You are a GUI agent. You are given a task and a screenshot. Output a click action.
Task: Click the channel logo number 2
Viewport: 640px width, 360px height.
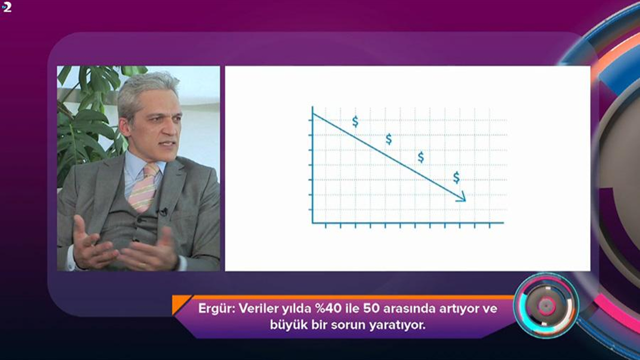point(6,7)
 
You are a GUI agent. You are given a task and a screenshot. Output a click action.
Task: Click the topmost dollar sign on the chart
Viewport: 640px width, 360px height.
point(355,121)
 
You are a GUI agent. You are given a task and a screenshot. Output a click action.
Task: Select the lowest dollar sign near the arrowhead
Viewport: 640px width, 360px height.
point(456,177)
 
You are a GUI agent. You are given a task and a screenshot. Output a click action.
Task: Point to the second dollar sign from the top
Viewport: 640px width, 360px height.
point(389,139)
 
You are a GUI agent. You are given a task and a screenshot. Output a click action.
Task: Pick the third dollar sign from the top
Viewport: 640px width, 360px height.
point(421,157)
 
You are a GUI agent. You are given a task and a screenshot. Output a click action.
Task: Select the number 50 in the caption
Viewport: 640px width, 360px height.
point(371,308)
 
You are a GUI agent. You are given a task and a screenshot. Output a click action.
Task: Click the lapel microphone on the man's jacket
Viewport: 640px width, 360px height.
point(162,212)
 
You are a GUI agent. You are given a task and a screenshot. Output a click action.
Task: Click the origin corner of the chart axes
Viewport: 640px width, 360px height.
point(313,222)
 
